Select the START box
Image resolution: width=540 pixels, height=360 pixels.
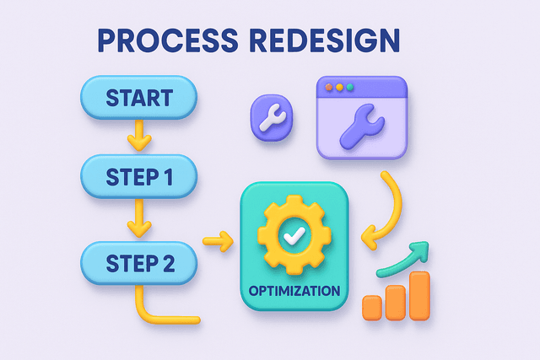pyautogui.click(x=139, y=98)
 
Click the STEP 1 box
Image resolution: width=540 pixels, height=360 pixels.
pyautogui.click(x=139, y=177)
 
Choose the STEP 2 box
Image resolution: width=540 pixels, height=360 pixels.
pyautogui.click(x=139, y=262)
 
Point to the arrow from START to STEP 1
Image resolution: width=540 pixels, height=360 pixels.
pyautogui.click(x=139, y=137)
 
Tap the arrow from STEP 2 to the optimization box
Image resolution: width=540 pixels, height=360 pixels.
pyautogui.click(x=218, y=242)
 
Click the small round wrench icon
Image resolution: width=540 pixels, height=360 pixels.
pyautogui.click(x=273, y=117)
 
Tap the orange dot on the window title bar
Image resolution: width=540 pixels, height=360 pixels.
pyautogui.click(x=330, y=86)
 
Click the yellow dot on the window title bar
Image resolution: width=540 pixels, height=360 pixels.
pyautogui.click(x=341, y=86)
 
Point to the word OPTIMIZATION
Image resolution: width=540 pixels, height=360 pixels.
pyautogui.click(x=294, y=291)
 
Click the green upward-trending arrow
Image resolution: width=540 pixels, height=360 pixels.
pyautogui.click(x=403, y=259)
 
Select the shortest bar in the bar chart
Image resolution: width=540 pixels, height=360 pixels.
pyautogui.click(x=371, y=308)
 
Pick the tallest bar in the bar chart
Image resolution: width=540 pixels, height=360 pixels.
pyautogui.click(x=419, y=295)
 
